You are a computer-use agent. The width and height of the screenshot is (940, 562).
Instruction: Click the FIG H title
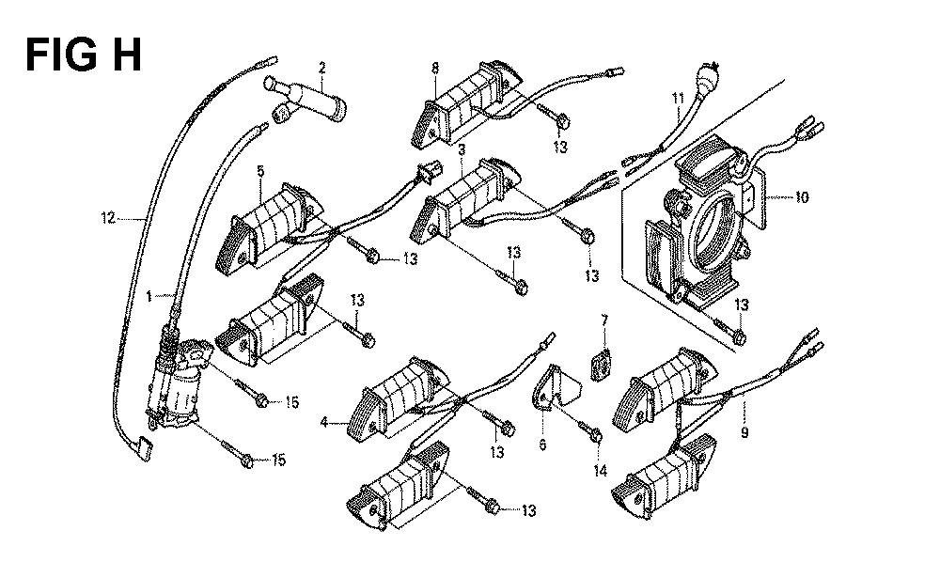[x=84, y=55]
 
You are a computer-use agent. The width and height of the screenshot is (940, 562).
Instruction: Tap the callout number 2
[x=321, y=67]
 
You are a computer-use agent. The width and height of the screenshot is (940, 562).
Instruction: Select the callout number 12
[x=108, y=218]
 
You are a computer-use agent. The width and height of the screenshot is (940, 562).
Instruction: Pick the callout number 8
[x=435, y=67]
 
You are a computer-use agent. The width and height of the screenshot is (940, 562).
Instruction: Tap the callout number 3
[x=462, y=149]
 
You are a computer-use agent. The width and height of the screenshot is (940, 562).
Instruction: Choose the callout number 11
[x=676, y=98]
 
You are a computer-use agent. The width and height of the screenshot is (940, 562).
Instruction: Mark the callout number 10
[x=801, y=197]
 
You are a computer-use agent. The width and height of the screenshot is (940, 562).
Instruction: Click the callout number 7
[x=604, y=321]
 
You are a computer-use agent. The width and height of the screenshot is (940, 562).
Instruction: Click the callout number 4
[x=323, y=423]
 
